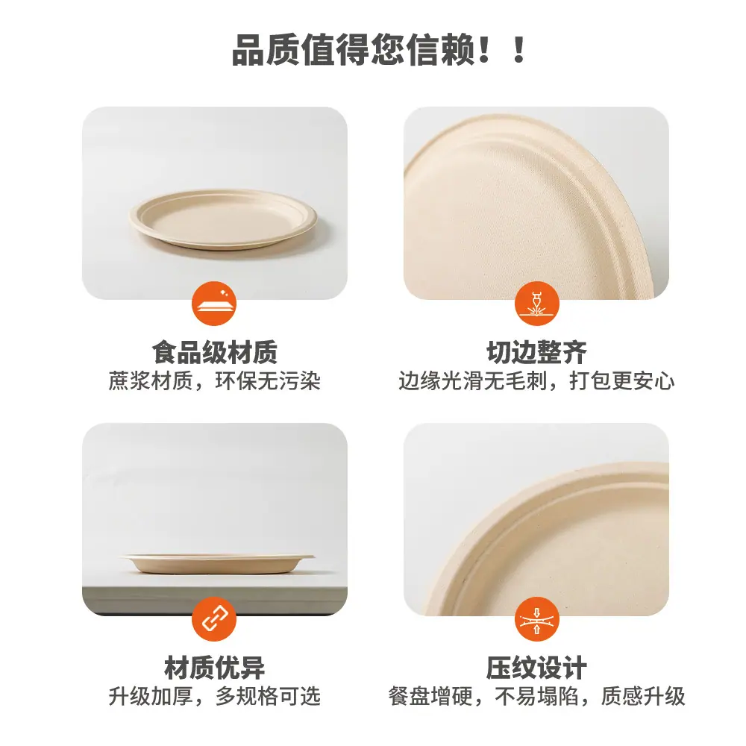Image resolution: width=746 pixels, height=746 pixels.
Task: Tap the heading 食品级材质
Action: (x=215, y=352)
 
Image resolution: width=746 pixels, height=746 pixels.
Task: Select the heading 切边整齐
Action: (x=536, y=352)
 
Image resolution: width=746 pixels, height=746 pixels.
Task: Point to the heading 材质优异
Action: (x=215, y=668)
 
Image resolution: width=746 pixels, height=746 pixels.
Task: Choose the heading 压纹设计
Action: (x=536, y=668)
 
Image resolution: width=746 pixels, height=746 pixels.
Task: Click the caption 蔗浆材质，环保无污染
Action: (x=215, y=381)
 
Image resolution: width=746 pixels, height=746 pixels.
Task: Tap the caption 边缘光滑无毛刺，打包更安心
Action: (x=536, y=381)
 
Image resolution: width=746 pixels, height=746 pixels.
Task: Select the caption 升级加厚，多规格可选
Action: (x=215, y=697)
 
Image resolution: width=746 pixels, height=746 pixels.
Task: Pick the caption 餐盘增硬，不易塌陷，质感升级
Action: (x=536, y=697)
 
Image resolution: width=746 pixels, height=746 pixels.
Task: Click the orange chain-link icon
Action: (x=214, y=619)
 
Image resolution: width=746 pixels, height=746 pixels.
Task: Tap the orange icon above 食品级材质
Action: (x=214, y=303)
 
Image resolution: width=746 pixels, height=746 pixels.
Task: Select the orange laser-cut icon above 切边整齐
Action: (x=536, y=303)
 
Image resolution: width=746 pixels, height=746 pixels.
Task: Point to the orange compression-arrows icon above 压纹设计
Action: (x=536, y=619)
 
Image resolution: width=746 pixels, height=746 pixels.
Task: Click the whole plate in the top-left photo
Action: (x=222, y=219)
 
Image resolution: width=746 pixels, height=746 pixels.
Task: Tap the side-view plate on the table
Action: (x=219, y=564)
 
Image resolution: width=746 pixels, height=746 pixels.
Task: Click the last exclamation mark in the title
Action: (x=519, y=49)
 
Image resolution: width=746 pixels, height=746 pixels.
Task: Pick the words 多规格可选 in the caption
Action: (x=269, y=697)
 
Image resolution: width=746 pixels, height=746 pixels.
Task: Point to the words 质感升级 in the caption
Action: (x=643, y=697)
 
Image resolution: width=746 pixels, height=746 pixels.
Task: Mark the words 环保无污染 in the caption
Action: (x=269, y=381)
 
